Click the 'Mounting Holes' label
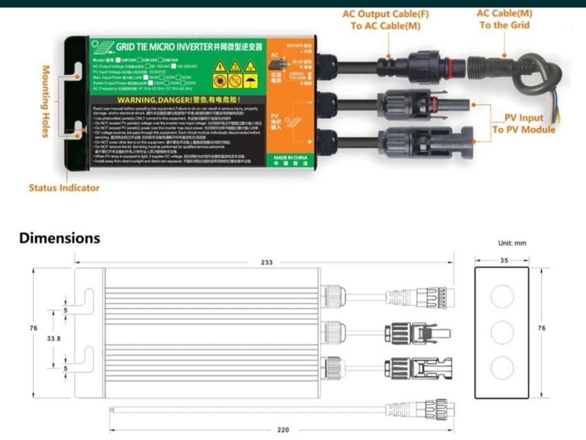tap(46, 100)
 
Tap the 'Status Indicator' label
tap(64, 187)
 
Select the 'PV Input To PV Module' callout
tap(523, 124)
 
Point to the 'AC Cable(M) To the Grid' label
tap(504, 19)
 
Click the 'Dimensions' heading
tap(60, 238)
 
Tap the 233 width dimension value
tap(267, 263)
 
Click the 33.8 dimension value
tap(54, 338)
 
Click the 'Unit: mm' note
tap(512, 243)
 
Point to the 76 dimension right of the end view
tap(558, 328)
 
